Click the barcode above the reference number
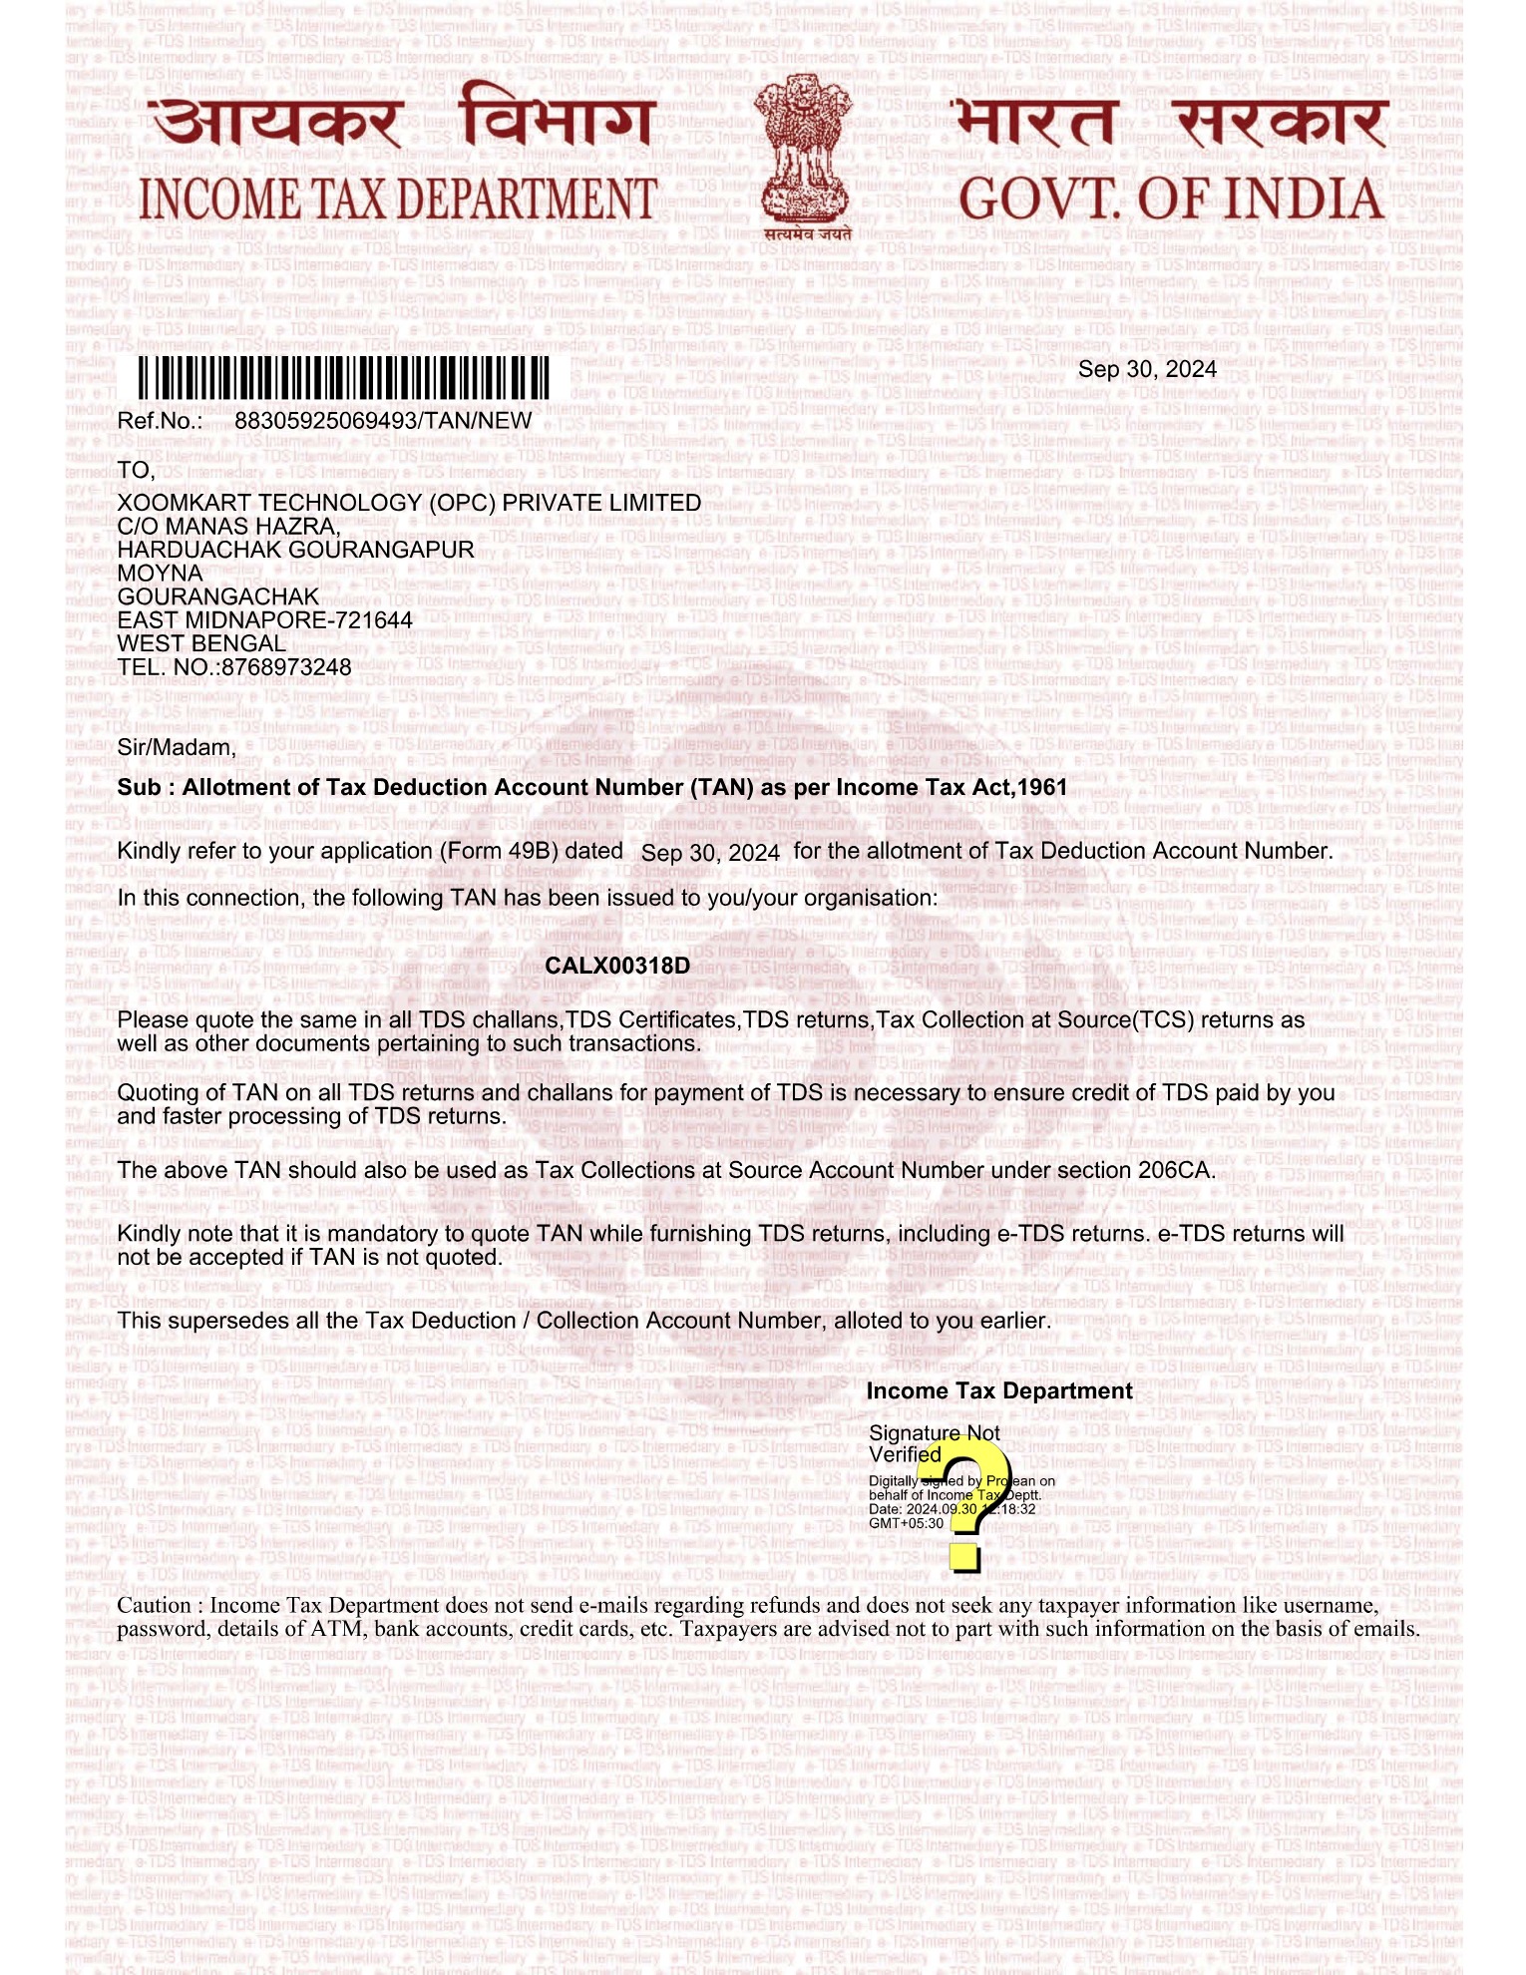click(x=343, y=378)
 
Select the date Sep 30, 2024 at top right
click(x=1147, y=369)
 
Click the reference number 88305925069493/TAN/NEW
click(x=383, y=421)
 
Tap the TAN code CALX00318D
click(x=617, y=966)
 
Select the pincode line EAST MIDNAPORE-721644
click(x=264, y=620)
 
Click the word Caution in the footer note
click(x=154, y=1605)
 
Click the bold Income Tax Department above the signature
click(x=998, y=1391)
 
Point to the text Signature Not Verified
click(x=934, y=1443)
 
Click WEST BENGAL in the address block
click(x=201, y=644)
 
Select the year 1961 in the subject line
click(x=1042, y=788)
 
